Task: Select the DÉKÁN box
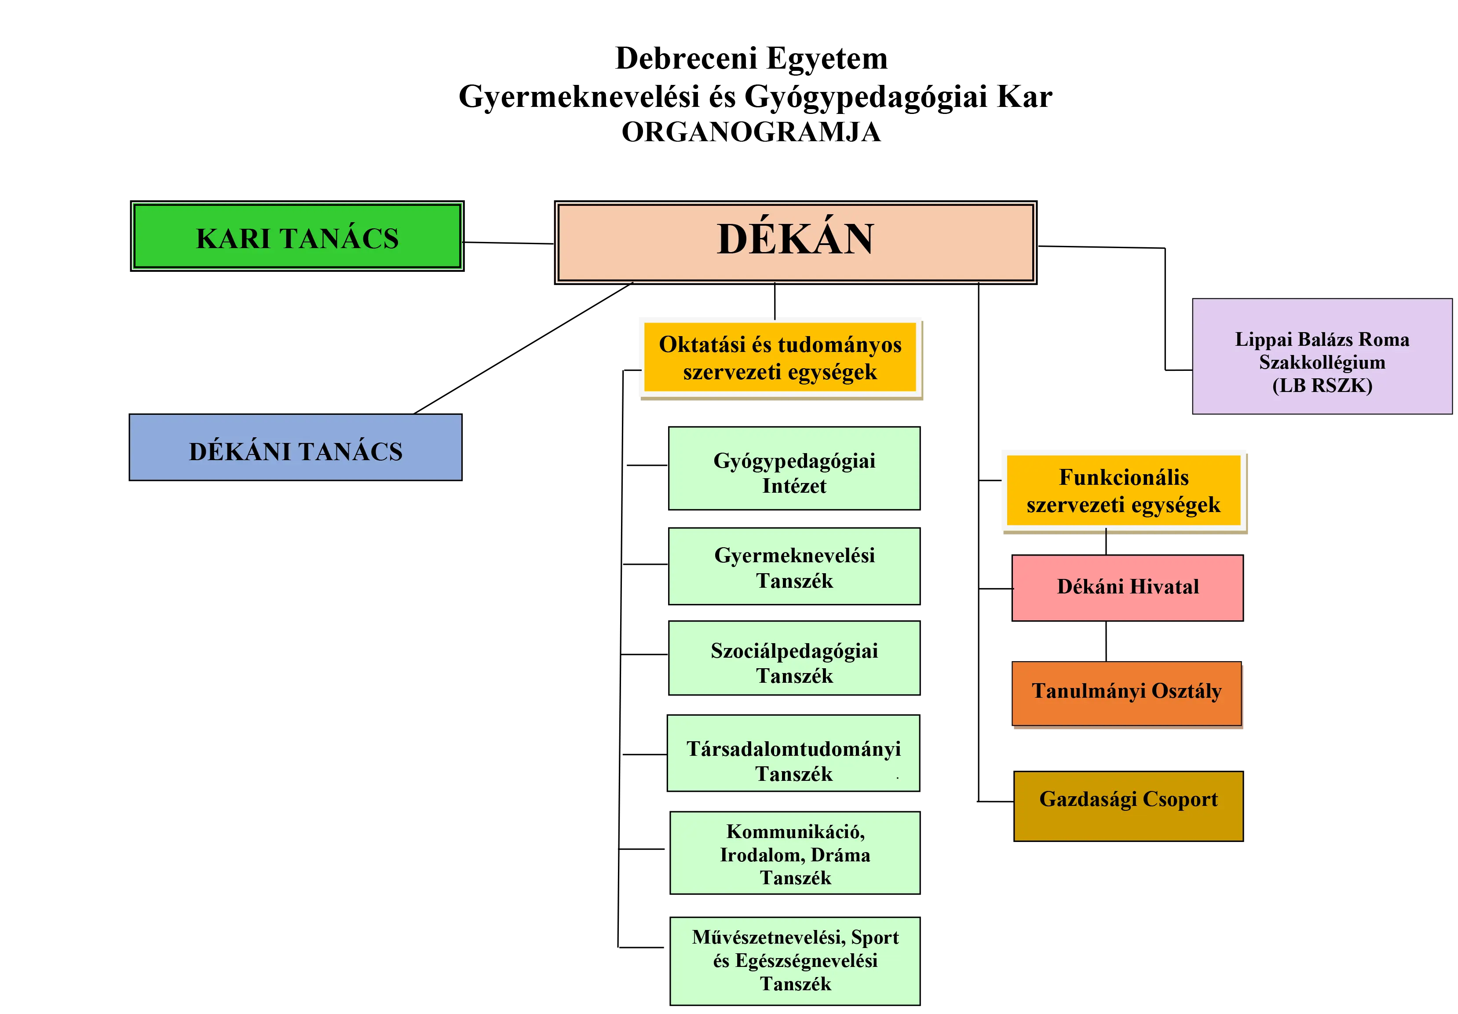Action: pos(795,242)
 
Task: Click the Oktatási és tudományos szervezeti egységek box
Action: pos(780,358)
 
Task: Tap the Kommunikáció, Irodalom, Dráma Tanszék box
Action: pos(795,853)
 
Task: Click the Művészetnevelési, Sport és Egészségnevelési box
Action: pos(795,960)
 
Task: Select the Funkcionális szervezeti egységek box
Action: pos(1123,491)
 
